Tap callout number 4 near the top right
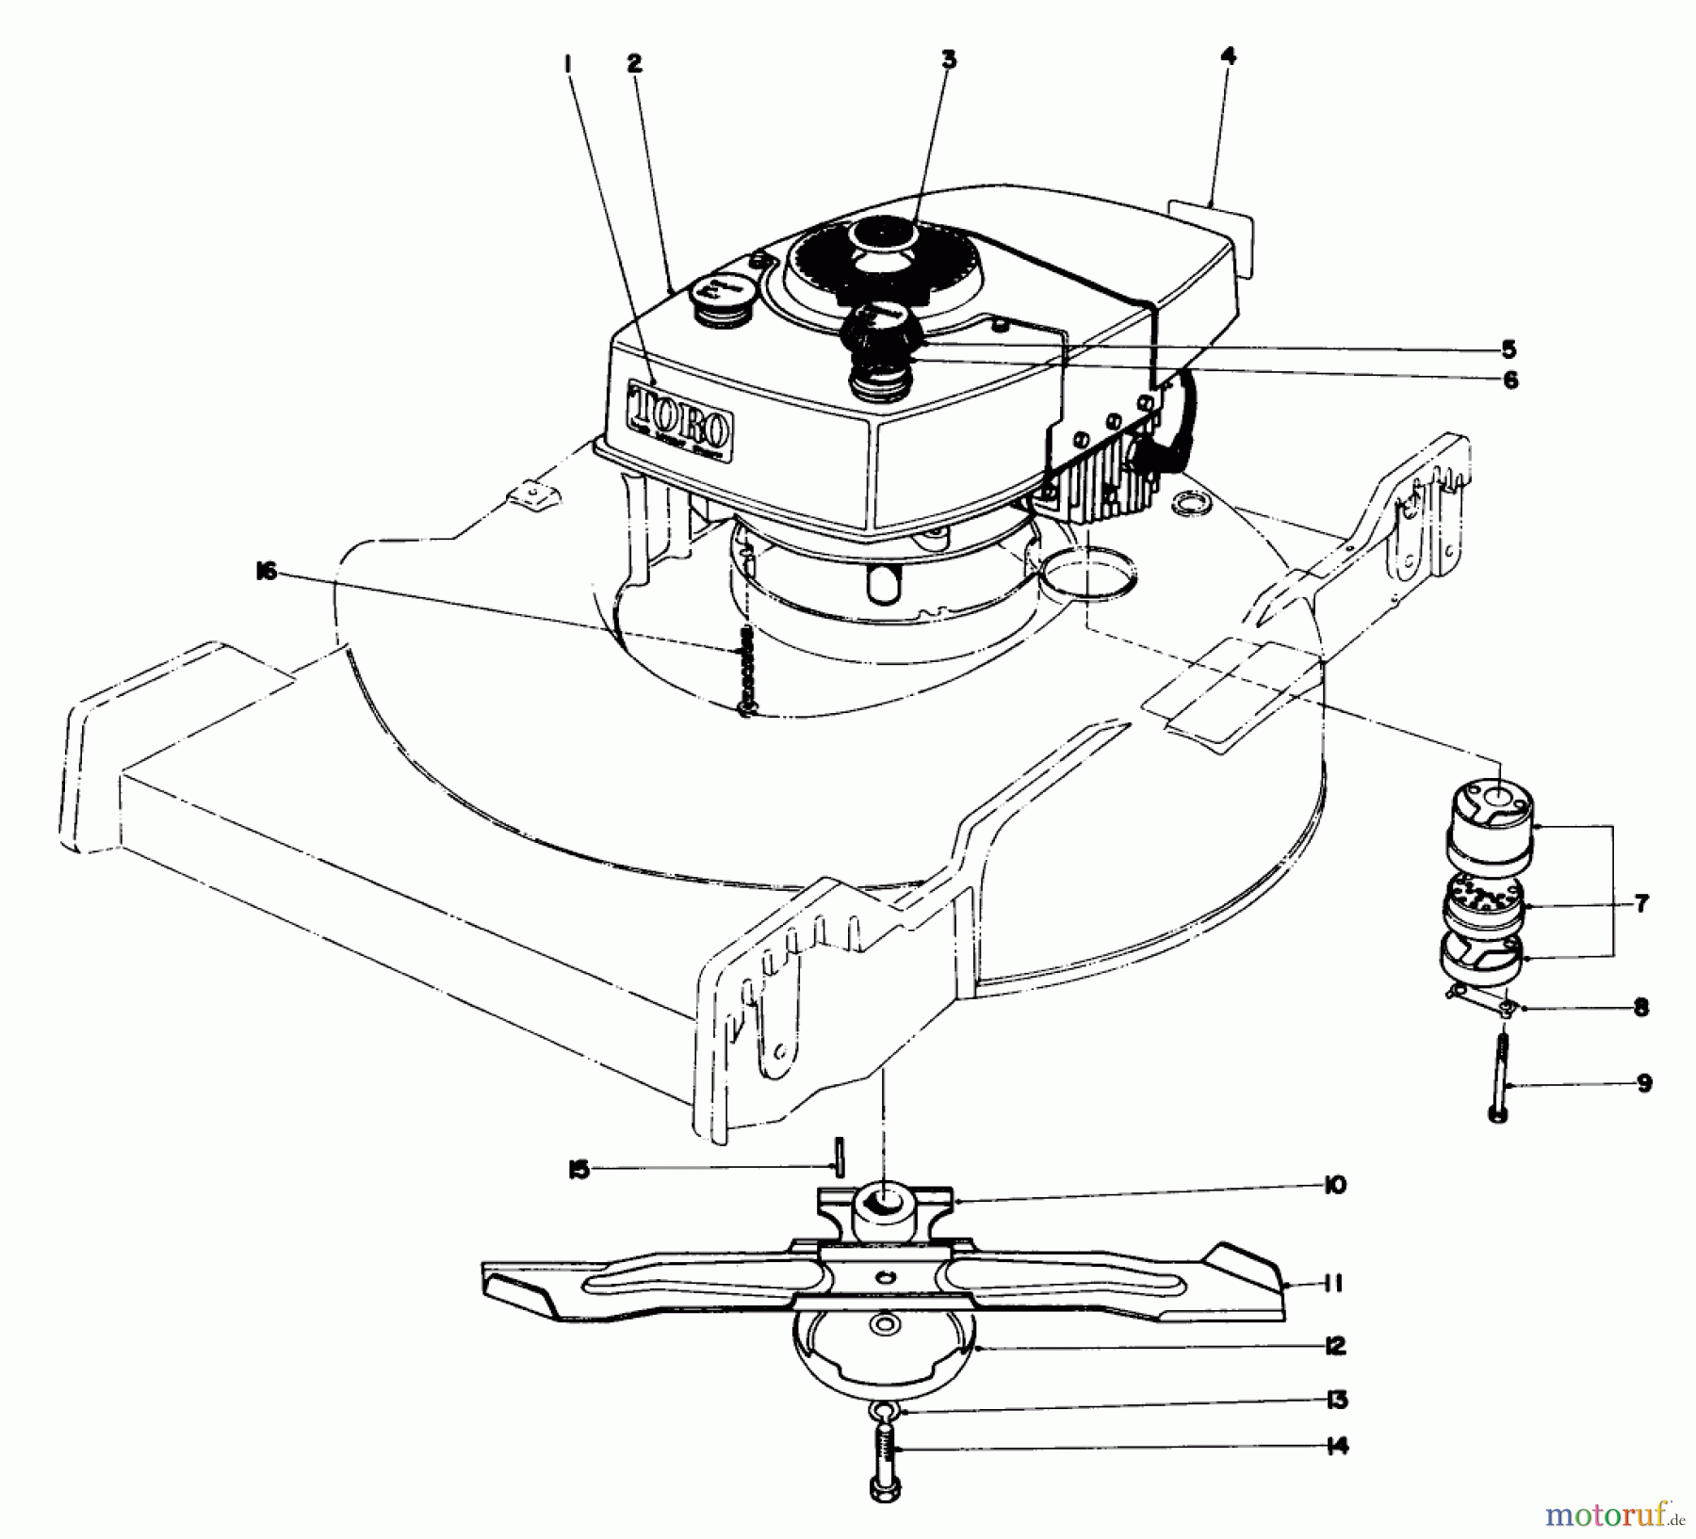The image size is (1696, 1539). click(x=1227, y=57)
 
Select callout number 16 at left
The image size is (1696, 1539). click(x=266, y=572)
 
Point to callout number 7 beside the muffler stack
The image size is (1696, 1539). click(x=1640, y=904)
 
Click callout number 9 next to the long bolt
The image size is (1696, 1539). click(x=1644, y=1084)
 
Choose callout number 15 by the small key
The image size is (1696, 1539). click(x=579, y=1170)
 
